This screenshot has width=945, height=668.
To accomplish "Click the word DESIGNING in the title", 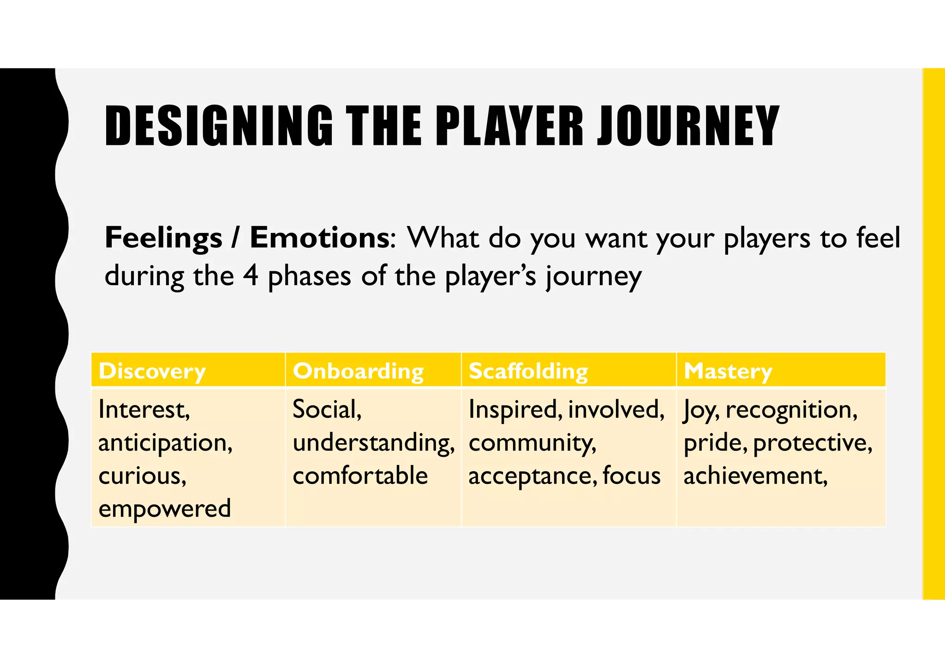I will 219,125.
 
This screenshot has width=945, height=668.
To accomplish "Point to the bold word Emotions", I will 319,238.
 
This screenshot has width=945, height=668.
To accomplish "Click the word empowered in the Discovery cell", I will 165,509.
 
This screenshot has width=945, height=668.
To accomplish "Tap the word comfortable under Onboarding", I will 360,476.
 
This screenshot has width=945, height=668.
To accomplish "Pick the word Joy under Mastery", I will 700,410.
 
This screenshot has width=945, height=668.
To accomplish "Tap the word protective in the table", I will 812,443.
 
